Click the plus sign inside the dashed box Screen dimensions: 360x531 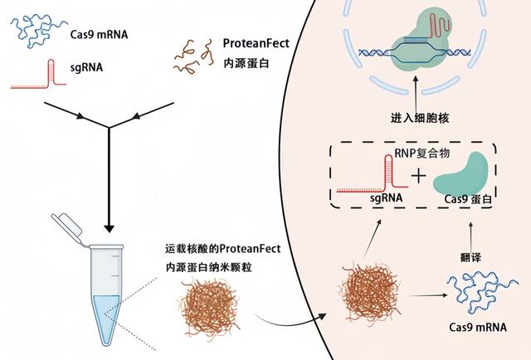tap(420, 176)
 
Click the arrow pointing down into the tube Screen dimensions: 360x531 tap(107, 191)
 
